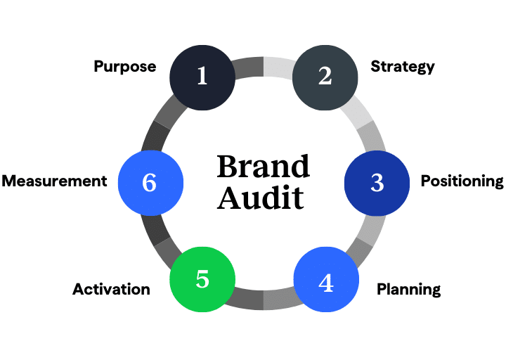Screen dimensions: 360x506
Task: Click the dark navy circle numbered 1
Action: pyautogui.click(x=202, y=76)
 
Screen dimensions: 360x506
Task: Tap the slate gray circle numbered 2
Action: pyautogui.click(x=325, y=76)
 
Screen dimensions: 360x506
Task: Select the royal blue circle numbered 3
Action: pyautogui.click(x=377, y=182)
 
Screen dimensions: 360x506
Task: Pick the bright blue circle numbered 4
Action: pyautogui.click(x=325, y=281)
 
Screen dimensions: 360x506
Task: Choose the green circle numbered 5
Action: pyautogui.click(x=202, y=279)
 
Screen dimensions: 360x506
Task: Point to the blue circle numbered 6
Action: pyautogui.click(x=150, y=182)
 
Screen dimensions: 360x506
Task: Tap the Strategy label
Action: pyautogui.click(x=403, y=67)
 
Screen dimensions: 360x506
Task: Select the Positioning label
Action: pyautogui.click(x=462, y=181)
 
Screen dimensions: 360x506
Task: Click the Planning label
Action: pyautogui.click(x=408, y=289)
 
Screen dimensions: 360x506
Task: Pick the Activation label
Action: pyautogui.click(x=111, y=289)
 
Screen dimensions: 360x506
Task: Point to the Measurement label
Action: pyautogui.click(x=54, y=181)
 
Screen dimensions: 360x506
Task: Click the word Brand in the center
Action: pyautogui.click(x=263, y=167)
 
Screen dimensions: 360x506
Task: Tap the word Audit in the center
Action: pyautogui.click(x=260, y=198)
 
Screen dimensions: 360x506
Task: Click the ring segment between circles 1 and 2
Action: pyautogui.click(x=263, y=66)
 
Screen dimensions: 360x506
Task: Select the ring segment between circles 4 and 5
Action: pyautogui.click(x=263, y=299)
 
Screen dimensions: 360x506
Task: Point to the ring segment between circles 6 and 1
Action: pyautogui.click(x=160, y=124)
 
